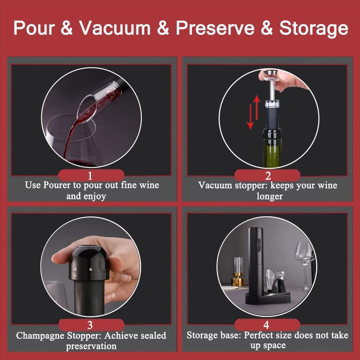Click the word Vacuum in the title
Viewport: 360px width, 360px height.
tap(115, 28)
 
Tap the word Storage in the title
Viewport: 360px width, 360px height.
tap(314, 29)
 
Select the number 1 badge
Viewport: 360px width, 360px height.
tap(91, 175)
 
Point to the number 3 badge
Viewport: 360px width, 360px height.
tap(91, 325)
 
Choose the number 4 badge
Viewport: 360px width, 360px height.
tap(267, 325)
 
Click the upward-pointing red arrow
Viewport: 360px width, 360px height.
tap(256, 107)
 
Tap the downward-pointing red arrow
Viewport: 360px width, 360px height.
tap(250, 117)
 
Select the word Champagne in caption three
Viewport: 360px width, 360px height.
tap(40, 336)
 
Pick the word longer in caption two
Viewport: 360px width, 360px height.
tap(270, 197)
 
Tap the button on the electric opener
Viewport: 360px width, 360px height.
tap(258, 245)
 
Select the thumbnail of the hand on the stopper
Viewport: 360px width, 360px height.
tap(91, 266)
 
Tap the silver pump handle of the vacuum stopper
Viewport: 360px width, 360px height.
tap(271, 83)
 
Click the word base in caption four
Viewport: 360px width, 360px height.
tap(230, 335)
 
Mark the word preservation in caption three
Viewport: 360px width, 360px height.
tap(91, 346)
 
